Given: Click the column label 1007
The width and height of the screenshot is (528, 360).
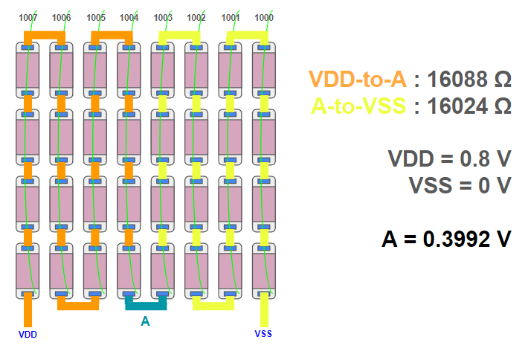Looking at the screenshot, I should click(x=28, y=17).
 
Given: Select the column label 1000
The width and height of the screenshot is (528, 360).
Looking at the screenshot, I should click(x=264, y=17).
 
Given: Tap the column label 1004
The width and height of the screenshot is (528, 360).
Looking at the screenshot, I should click(x=129, y=17).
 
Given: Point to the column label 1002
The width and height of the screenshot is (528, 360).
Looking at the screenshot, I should click(x=196, y=17).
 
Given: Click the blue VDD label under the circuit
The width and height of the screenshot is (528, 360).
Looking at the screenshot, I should click(x=28, y=334).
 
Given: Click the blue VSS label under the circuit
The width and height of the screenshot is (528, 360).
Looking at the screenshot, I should click(x=263, y=334).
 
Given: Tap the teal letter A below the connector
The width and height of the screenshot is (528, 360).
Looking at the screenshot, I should click(x=145, y=321).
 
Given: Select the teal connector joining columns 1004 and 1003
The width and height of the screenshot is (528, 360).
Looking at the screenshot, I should click(x=146, y=304).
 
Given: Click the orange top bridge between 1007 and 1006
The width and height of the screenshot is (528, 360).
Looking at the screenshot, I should click(x=45, y=34).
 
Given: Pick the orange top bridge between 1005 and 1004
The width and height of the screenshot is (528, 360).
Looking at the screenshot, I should click(x=112, y=34).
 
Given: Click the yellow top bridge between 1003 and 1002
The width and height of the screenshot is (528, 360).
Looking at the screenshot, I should click(x=179, y=34).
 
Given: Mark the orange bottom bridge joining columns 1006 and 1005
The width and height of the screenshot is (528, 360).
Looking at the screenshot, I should click(x=78, y=304).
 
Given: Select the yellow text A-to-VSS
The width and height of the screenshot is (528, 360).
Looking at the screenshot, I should click(x=358, y=106).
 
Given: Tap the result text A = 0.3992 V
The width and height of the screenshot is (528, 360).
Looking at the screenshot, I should click(x=446, y=239).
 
